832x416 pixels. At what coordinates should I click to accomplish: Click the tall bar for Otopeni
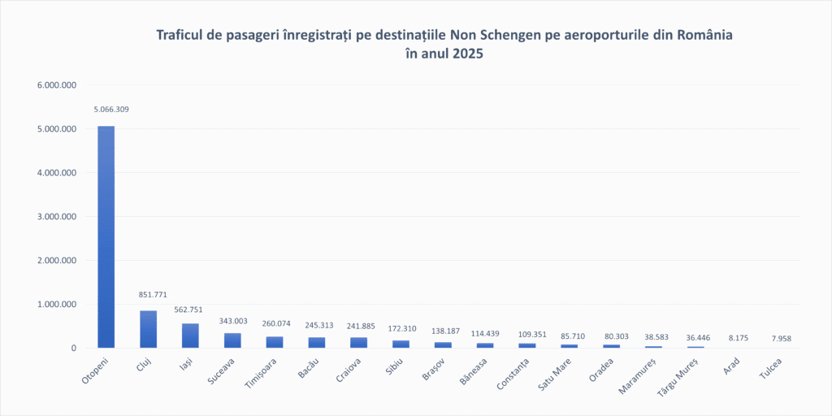click(106, 236)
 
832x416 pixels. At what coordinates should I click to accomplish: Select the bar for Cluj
click(148, 329)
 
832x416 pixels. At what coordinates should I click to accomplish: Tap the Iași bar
click(190, 336)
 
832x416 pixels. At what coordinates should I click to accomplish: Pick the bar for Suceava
click(232, 340)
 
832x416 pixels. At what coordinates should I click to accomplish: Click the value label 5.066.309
click(111, 109)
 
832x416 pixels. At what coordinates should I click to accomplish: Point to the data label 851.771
click(152, 294)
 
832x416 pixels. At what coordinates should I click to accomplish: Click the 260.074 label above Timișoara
click(276, 323)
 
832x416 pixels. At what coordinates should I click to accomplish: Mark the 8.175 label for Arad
click(736, 338)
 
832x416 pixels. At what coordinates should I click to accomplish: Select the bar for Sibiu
click(401, 344)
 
